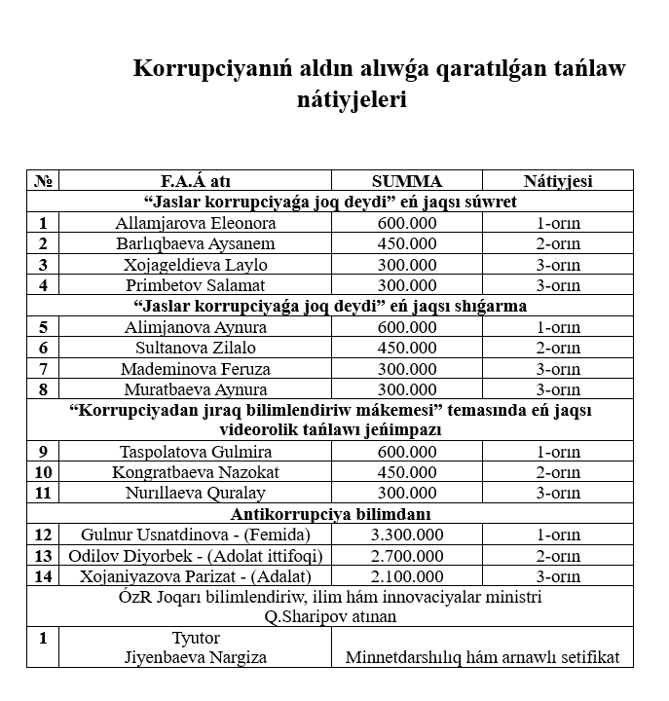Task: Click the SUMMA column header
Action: [406, 181]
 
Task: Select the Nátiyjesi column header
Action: [558, 181]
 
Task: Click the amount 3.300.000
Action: [407, 535]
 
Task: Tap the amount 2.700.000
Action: [407, 555]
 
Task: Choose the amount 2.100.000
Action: [407, 576]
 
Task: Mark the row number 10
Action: [43, 472]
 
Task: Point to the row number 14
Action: [43, 576]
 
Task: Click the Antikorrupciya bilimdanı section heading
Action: [331, 514]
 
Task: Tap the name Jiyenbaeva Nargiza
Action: [195, 656]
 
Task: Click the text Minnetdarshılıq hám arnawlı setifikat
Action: [482, 656]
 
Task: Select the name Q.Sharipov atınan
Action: [331, 616]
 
